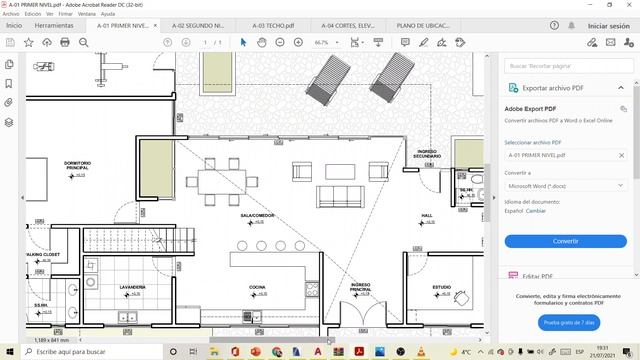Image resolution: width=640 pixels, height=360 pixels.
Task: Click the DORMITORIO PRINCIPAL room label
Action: coord(77,165)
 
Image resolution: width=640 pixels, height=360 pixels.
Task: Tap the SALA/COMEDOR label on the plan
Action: coord(257,215)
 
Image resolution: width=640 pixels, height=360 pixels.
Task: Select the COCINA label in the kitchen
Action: coord(257,287)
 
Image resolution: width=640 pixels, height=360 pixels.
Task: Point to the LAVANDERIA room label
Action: coord(133,287)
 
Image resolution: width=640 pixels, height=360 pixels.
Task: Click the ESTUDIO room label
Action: coord(441,287)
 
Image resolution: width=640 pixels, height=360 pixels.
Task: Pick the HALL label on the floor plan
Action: coord(427,215)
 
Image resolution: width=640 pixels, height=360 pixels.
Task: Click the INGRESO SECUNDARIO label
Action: coord(427,155)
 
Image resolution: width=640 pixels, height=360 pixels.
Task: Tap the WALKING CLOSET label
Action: coord(42,255)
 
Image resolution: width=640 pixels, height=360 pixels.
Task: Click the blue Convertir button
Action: coord(565,241)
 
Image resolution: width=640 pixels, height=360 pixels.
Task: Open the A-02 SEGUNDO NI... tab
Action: coord(198,25)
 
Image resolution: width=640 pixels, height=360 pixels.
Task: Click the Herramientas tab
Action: coord(53,25)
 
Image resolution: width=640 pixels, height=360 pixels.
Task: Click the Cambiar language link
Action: coord(537,211)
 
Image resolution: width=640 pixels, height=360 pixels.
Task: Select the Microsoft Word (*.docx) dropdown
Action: coord(565,185)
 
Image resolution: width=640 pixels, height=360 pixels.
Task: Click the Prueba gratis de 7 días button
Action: coord(565,322)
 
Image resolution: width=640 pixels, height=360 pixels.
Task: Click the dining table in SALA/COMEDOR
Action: coord(221,181)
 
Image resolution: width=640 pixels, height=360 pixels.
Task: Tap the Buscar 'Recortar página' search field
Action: coord(565,65)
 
